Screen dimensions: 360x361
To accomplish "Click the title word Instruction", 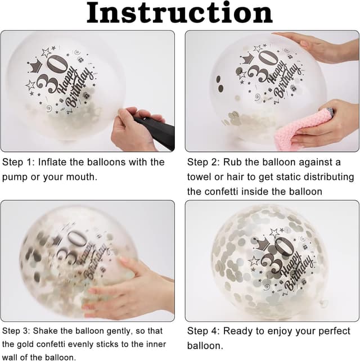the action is click(179, 13).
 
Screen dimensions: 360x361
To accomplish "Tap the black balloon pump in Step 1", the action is click(154, 132).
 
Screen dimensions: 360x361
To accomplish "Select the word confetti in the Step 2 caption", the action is click(221, 192).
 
